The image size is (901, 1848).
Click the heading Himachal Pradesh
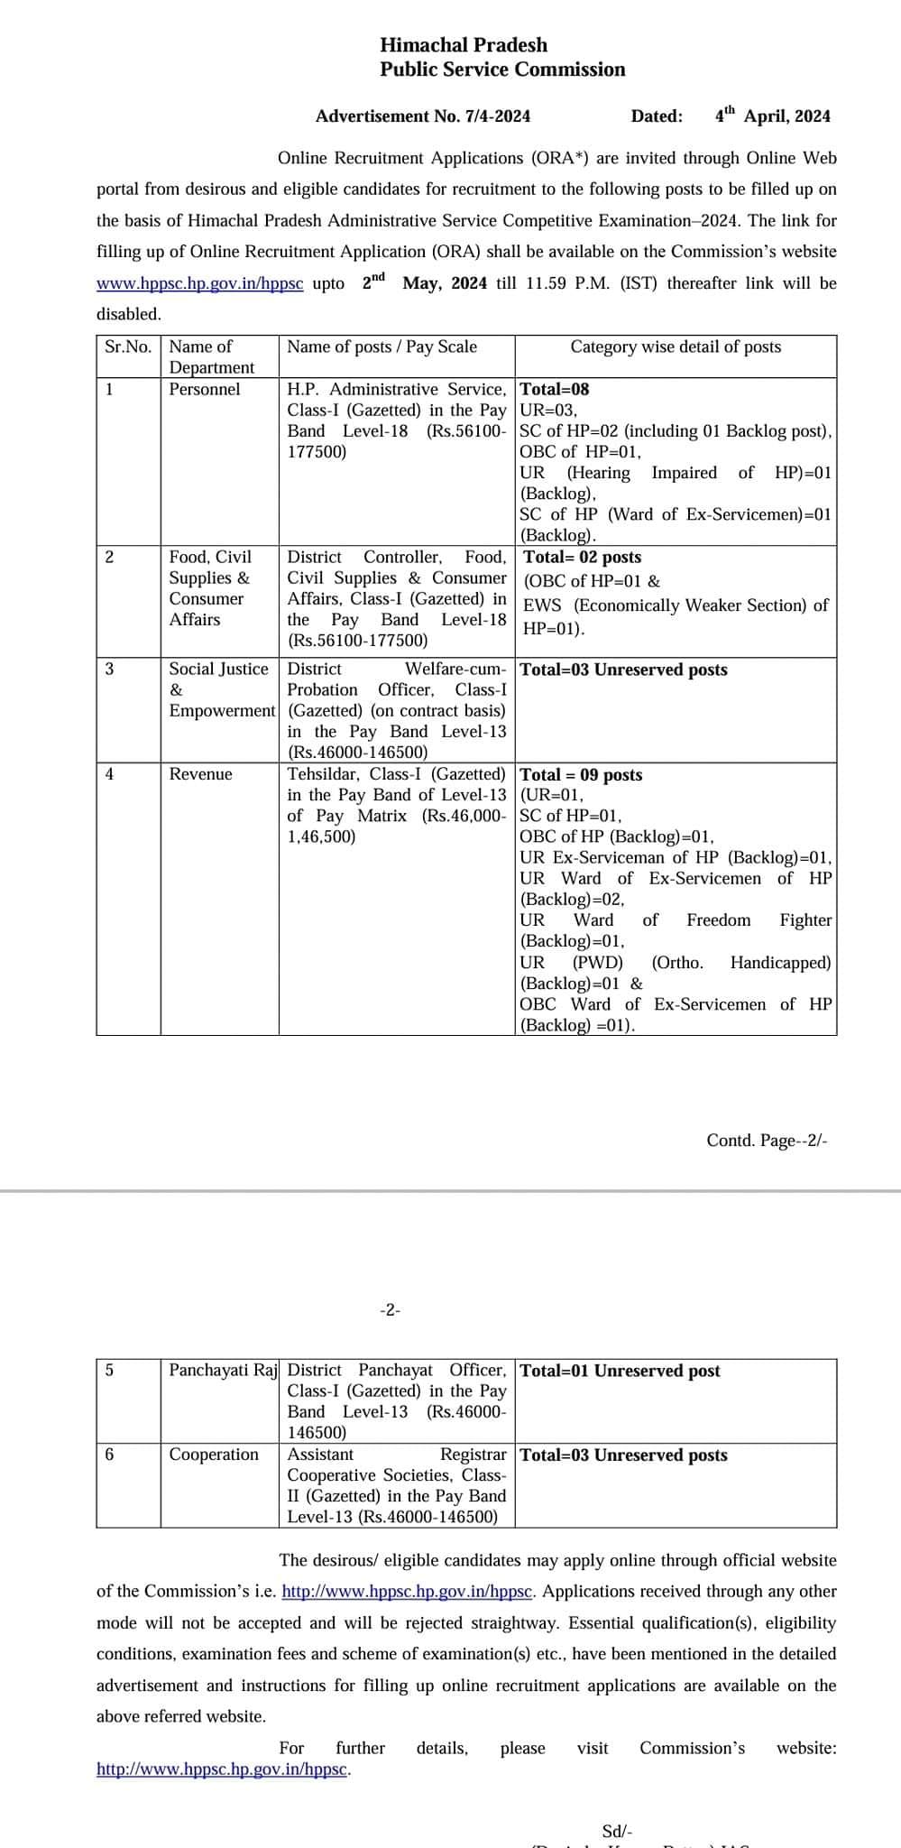point(464,45)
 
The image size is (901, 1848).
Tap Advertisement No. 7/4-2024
point(423,116)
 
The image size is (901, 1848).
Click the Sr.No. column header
point(128,347)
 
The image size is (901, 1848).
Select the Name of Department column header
point(212,357)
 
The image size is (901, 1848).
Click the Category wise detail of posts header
point(676,347)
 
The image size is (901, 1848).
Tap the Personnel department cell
point(205,390)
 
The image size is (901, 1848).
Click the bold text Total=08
point(555,390)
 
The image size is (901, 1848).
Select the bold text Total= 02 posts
point(583,558)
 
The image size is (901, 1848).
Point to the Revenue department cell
point(201,774)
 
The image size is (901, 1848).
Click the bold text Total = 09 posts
point(582,775)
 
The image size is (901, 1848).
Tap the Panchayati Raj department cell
point(223,1370)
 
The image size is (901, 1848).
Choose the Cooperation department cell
point(214,1454)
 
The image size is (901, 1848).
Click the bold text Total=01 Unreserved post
point(621,1371)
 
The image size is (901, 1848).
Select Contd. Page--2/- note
point(767,1141)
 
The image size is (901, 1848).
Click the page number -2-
point(390,1310)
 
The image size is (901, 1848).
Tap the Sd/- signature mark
point(618,1831)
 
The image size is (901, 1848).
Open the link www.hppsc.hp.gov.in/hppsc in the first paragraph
point(199,283)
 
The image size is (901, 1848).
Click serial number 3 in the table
point(110,669)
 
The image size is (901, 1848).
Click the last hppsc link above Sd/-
point(222,1769)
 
